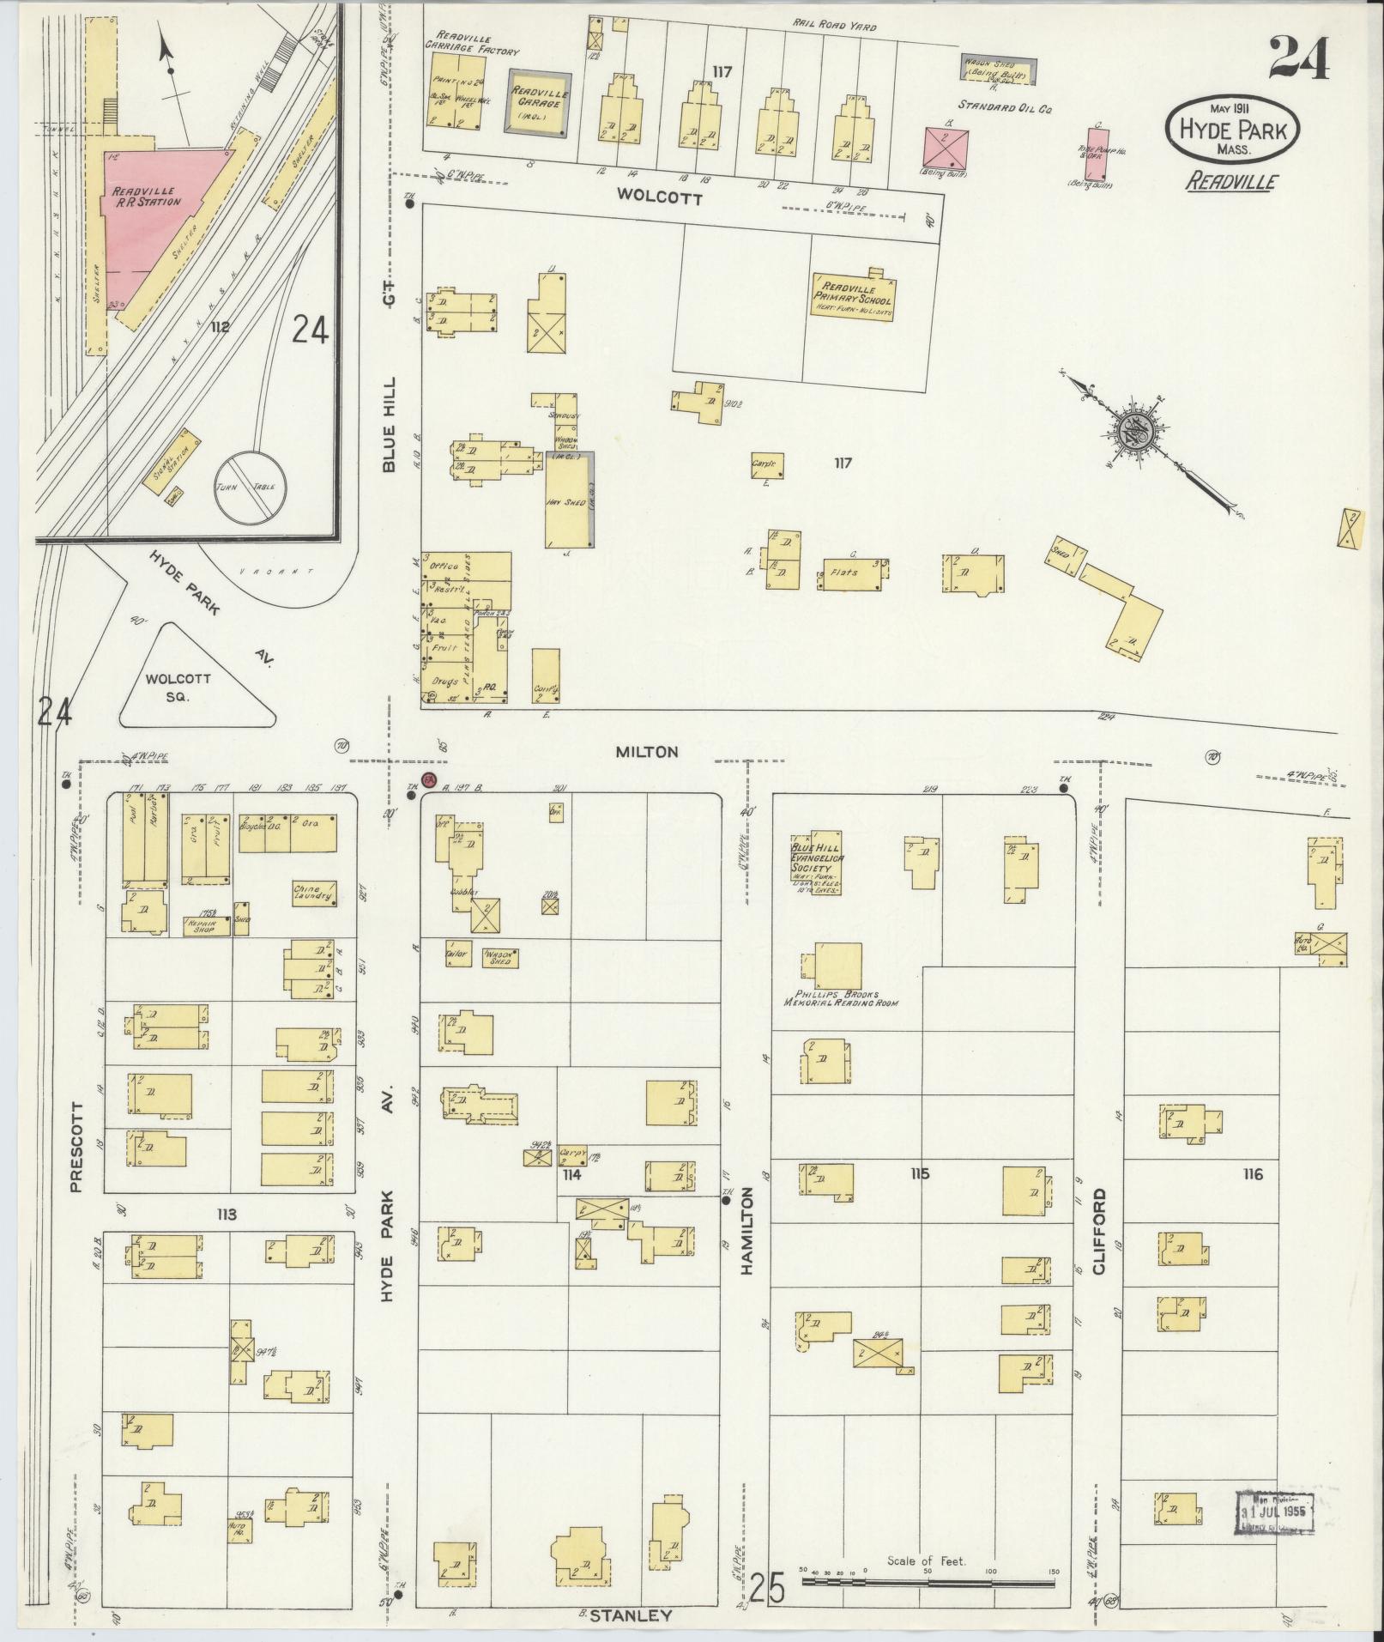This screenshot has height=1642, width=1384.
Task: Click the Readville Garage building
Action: pyautogui.click(x=536, y=102)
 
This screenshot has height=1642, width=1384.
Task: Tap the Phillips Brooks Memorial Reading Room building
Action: pyautogui.click(x=837, y=966)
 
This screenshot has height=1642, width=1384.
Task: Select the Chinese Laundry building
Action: pyautogui.click(x=314, y=894)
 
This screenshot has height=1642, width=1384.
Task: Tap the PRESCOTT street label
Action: pyautogui.click(x=76, y=1147)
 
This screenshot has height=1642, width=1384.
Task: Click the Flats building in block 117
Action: pyautogui.click(x=853, y=574)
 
